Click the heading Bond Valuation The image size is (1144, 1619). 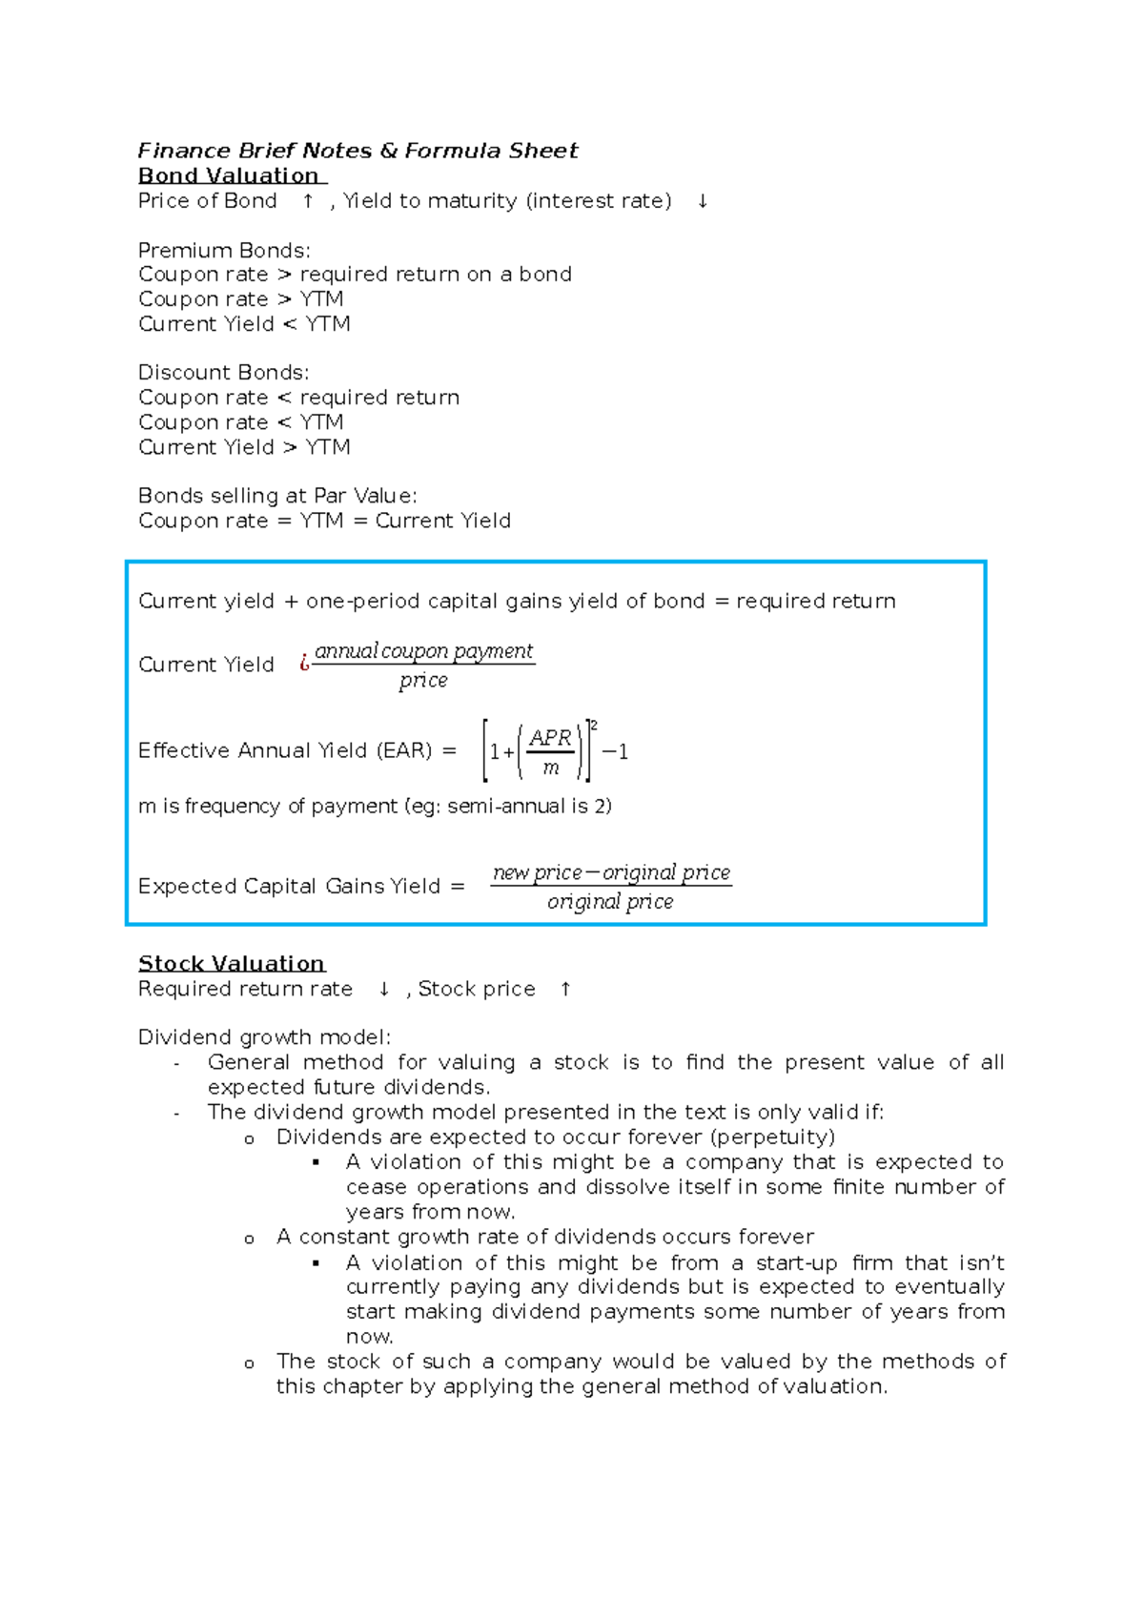(x=229, y=175)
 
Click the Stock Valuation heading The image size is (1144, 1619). (x=232, y=963)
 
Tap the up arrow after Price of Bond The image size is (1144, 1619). (x=308, y=201)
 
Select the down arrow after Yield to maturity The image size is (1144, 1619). (x=703, y=201)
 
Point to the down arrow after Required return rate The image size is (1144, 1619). (x=383, y=989)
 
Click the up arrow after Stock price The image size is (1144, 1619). (x=565, y=989)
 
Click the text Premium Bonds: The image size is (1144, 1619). (x=224, y=250)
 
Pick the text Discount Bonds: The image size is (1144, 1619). (x=223, y=372)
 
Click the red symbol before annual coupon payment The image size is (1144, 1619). (x=304, y=663)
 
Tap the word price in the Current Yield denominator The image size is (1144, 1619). (x=423, y=680)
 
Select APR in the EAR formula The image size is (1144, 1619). (x=550, y=738)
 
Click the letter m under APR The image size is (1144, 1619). (x=550, y=768)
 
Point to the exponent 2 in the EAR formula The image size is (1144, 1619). (x=594, y=726)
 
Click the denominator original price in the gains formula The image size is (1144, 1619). (x=610, y=901)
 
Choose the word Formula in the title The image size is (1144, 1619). (x=453, y=151)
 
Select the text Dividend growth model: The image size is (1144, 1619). (x=264, y=1036)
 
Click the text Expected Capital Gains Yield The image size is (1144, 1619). (x=289, y=886)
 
